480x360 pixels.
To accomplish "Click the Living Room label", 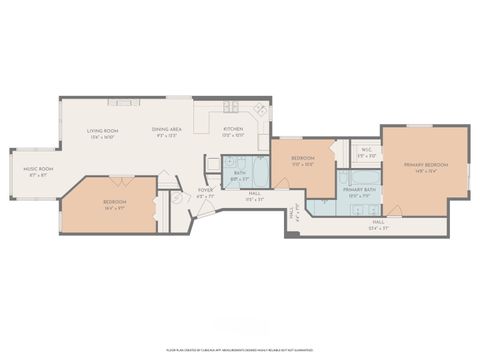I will click(102, 130).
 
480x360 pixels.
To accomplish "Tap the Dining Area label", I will click(166, 130).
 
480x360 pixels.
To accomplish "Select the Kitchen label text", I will click(232, 130).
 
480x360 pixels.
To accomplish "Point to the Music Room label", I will click(38, 169).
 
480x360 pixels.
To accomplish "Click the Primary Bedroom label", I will click(425, 164).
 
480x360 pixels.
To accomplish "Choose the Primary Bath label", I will click(357, 189).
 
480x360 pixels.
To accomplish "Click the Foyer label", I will click(204, 189).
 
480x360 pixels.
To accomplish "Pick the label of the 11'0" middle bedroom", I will click(303, 158).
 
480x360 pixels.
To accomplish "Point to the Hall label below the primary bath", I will click(378, 222).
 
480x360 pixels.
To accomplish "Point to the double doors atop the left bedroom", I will click(124, 180).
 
